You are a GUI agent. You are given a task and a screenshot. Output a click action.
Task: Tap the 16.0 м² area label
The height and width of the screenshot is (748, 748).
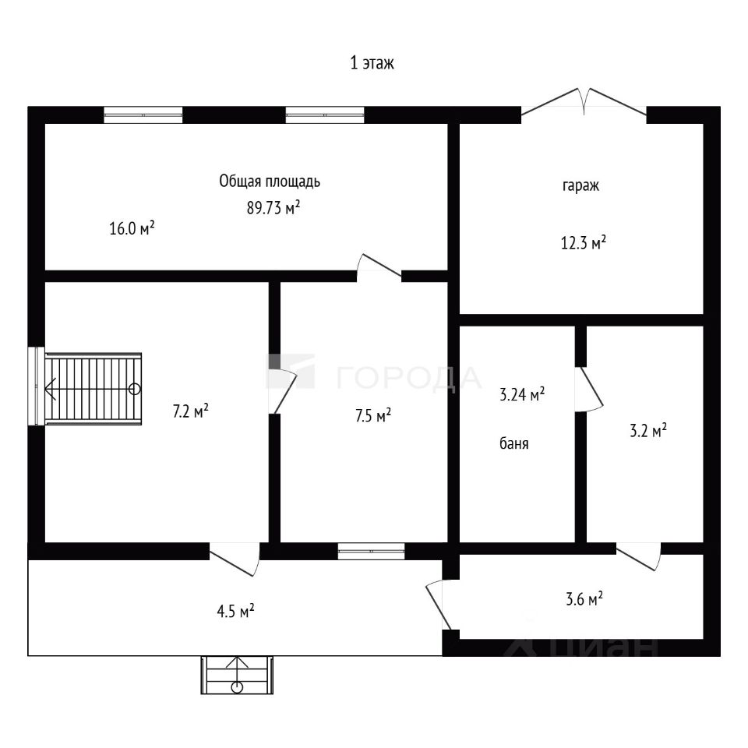132,228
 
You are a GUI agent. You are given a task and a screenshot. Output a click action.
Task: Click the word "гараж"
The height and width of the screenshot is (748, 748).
580,186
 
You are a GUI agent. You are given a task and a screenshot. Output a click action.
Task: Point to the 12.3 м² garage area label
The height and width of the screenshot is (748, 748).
584,243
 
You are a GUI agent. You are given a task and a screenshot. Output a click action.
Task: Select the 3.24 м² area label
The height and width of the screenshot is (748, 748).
521,396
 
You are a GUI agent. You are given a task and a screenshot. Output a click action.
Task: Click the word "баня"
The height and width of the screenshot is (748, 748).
514,444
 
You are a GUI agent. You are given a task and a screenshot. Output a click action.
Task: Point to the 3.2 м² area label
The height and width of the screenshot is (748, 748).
647,430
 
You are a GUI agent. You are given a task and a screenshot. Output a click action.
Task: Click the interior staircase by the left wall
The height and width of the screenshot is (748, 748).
93,388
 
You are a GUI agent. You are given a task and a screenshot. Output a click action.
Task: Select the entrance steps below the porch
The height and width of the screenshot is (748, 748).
238,675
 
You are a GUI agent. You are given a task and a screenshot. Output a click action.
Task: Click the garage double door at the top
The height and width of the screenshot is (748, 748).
584,104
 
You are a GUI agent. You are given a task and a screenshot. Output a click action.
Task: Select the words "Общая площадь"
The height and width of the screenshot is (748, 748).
270,182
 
